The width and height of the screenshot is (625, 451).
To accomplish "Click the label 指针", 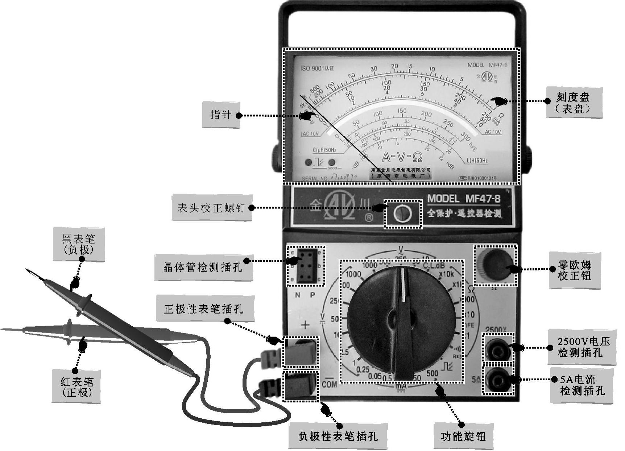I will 221,115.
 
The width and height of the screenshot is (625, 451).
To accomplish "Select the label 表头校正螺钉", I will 211,208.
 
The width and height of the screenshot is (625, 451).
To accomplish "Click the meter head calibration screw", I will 402,214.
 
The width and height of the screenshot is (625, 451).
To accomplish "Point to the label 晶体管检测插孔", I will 203,267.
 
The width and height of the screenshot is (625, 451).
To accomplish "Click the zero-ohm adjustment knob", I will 495,265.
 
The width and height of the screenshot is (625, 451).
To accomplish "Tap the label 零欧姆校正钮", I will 575,270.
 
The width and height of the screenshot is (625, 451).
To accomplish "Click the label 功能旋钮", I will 463,436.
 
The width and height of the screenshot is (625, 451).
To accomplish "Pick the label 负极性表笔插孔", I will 338,436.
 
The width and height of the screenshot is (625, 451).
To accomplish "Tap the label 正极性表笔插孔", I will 204,309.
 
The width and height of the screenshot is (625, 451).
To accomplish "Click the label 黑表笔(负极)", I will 79,244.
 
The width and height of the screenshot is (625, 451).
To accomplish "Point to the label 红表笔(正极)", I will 76,386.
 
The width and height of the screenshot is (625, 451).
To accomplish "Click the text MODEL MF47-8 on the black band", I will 464,199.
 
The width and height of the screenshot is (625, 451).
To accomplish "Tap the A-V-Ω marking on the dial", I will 402,157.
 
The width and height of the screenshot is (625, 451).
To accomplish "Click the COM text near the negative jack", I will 329,384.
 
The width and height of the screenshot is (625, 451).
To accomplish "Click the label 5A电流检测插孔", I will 582,385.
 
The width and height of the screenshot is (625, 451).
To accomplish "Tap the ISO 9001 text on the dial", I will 317,68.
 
